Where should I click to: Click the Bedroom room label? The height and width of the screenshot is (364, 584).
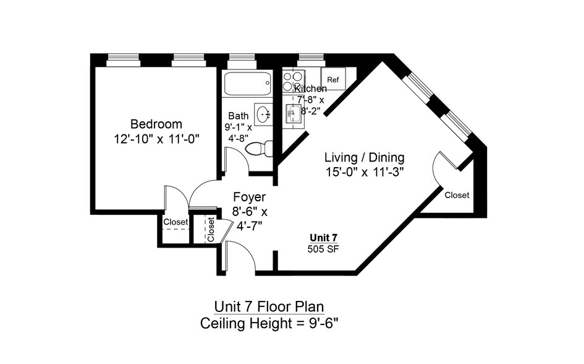(156, 124)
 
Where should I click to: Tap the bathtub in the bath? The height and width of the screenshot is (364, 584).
(247, 84)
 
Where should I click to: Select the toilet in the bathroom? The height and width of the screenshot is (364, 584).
(259, 149)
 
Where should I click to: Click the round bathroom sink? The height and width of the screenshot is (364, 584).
(264, 113)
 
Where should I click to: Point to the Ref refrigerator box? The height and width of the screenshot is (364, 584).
(333, 79)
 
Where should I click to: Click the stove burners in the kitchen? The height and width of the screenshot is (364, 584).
(293, 81)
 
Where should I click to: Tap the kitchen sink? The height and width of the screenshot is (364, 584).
(293, 113)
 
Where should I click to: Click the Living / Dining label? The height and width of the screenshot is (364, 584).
(364, 157)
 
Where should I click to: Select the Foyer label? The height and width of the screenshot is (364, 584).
(249, 196)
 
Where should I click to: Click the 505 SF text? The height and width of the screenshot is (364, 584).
(323, 249)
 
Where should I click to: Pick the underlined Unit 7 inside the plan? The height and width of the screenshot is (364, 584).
(324, 238)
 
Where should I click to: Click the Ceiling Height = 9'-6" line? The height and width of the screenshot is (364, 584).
(269, 323)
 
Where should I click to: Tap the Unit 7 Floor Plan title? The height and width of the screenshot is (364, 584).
(269, 306)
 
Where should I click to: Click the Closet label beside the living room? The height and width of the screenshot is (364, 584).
(457, 195)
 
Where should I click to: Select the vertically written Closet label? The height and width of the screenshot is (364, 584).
(211, 230)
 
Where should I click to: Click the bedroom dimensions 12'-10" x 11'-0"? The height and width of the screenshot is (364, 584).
(156, 139)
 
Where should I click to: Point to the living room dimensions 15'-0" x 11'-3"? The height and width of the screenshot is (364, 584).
(365, 172)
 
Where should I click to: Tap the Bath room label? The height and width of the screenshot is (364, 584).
(239, 116)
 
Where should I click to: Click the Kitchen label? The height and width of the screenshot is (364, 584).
(311, 89)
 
